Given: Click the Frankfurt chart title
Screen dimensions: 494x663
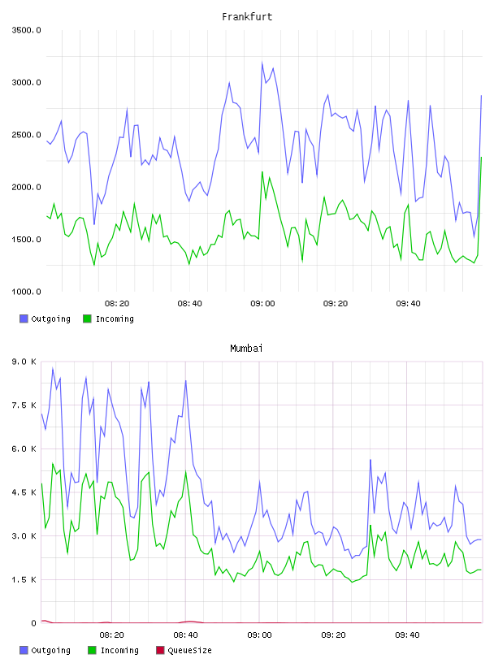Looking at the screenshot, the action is (x=247, y=17).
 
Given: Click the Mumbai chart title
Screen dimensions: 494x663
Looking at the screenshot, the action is (x=246, y=349).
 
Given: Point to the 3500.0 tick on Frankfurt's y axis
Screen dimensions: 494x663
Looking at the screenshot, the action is (x=26, y=30).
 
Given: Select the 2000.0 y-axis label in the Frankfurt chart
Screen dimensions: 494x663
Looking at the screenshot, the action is (x=26, y=187).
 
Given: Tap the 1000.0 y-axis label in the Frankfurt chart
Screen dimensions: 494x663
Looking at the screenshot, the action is (x=26, y=292).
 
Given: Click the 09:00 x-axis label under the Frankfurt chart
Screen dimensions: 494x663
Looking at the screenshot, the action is (x=262, y=304).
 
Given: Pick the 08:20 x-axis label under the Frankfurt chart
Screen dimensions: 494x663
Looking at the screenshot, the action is (x=117, y=304).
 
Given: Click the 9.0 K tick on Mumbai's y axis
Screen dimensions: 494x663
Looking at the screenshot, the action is (x=24, y=362).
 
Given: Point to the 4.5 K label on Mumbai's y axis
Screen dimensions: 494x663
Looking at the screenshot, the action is (x=24, y=492).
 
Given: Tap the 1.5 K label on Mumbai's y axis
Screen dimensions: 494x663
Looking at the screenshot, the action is (x=24, y=579).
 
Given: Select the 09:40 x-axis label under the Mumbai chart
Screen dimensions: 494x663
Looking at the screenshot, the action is (x=407, y=635).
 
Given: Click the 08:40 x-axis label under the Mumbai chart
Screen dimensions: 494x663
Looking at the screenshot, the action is (x=186, y=635).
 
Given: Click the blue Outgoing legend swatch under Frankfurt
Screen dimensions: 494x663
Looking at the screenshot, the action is (x=24, y=318).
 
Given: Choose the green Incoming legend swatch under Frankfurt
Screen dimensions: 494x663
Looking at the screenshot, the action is (x=87, y=318).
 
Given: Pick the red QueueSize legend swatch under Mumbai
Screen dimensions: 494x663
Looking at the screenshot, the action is (x=160, y=650).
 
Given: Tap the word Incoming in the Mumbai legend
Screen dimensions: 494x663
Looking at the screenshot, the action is (x=119, y=650).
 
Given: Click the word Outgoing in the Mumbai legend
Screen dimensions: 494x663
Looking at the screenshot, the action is (x=50, y=650).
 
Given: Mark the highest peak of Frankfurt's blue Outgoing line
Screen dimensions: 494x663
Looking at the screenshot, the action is (x=262, y=63).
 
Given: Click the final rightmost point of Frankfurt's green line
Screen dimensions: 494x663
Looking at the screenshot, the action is (x=481, y=158).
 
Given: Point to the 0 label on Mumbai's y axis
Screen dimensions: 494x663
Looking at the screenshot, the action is (x=34, y=623).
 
